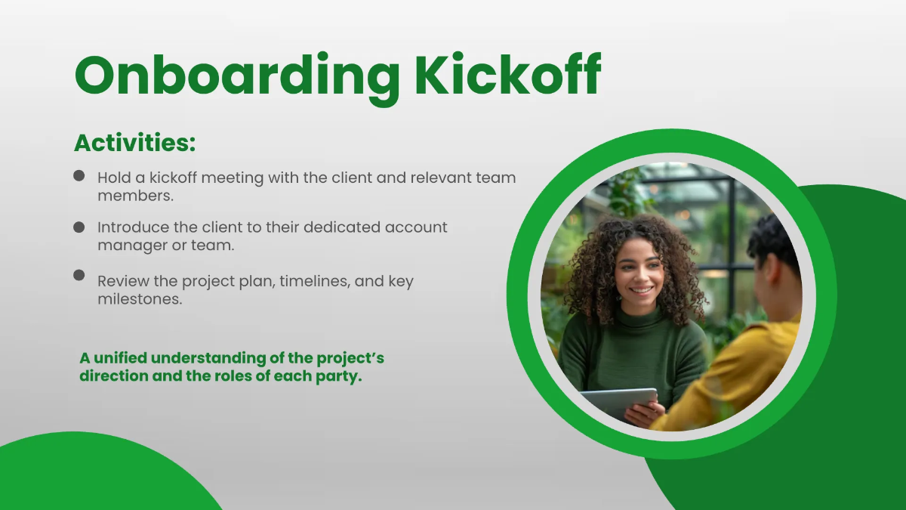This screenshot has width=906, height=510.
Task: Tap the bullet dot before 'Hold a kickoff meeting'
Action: [x=79, y=175]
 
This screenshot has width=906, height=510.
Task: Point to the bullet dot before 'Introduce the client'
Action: [x=79, y=226]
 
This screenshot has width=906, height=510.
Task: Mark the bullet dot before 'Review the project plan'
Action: [x=79, y=275]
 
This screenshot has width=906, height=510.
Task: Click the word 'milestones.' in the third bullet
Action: [x=140, y=299]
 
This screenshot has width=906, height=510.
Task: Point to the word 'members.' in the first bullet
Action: [x=135, y=196]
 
